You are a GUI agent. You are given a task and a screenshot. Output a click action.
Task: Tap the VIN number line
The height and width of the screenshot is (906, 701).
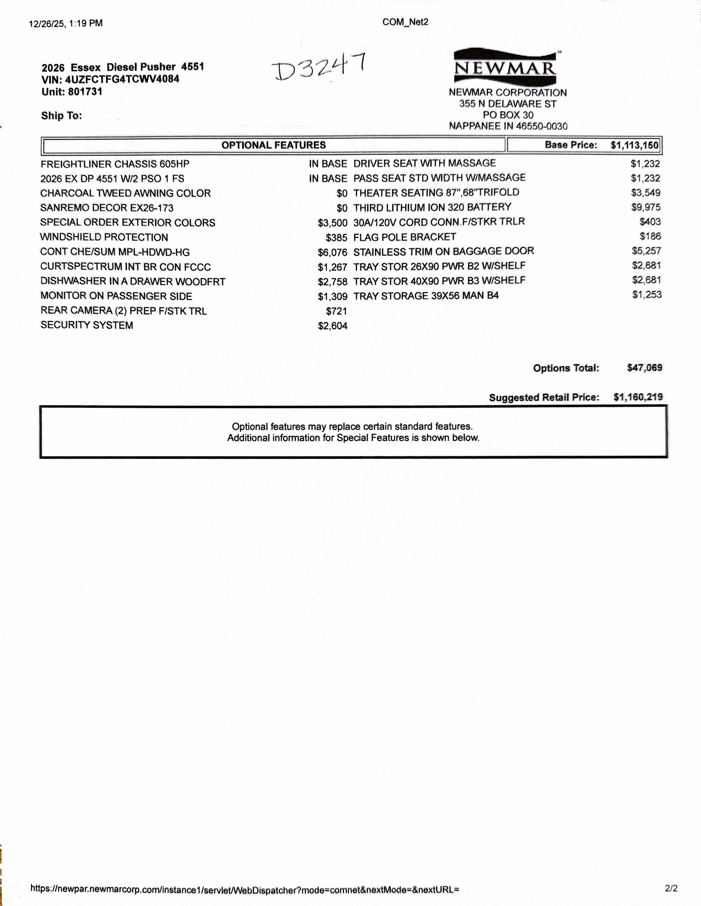coord(110,79)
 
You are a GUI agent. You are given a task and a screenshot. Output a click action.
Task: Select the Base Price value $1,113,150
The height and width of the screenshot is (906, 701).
coord(634,145)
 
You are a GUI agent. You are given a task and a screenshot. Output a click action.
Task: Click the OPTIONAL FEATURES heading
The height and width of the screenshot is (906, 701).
coord(273,145)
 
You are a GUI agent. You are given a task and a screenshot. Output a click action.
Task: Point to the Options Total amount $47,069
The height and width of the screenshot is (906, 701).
coord(644,368)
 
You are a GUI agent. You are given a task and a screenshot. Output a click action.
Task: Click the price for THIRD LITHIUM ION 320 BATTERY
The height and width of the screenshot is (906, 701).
coord(646,207)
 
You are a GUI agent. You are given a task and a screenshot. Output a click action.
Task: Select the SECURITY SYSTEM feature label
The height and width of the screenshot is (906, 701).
coord(87,325)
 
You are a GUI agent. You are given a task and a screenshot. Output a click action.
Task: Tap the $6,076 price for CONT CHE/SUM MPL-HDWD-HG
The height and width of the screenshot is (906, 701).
coord(332,252)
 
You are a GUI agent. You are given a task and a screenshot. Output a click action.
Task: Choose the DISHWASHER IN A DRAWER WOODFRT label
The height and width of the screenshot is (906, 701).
coord(132,281)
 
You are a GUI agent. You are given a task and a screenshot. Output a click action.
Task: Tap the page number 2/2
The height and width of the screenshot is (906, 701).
coord(671,888)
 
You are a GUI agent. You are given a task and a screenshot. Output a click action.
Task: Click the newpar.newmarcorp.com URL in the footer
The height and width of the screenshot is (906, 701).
coord(244,889)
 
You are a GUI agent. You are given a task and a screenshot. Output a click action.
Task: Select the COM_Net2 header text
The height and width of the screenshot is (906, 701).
coord(405,22)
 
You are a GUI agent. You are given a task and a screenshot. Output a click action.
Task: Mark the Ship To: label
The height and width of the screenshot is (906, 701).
coord(61,116)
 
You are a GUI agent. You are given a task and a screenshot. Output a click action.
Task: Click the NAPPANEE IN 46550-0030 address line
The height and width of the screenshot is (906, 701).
coord(508,126)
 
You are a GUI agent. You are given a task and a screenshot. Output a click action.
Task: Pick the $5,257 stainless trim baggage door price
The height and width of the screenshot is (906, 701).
coord(646,251)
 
